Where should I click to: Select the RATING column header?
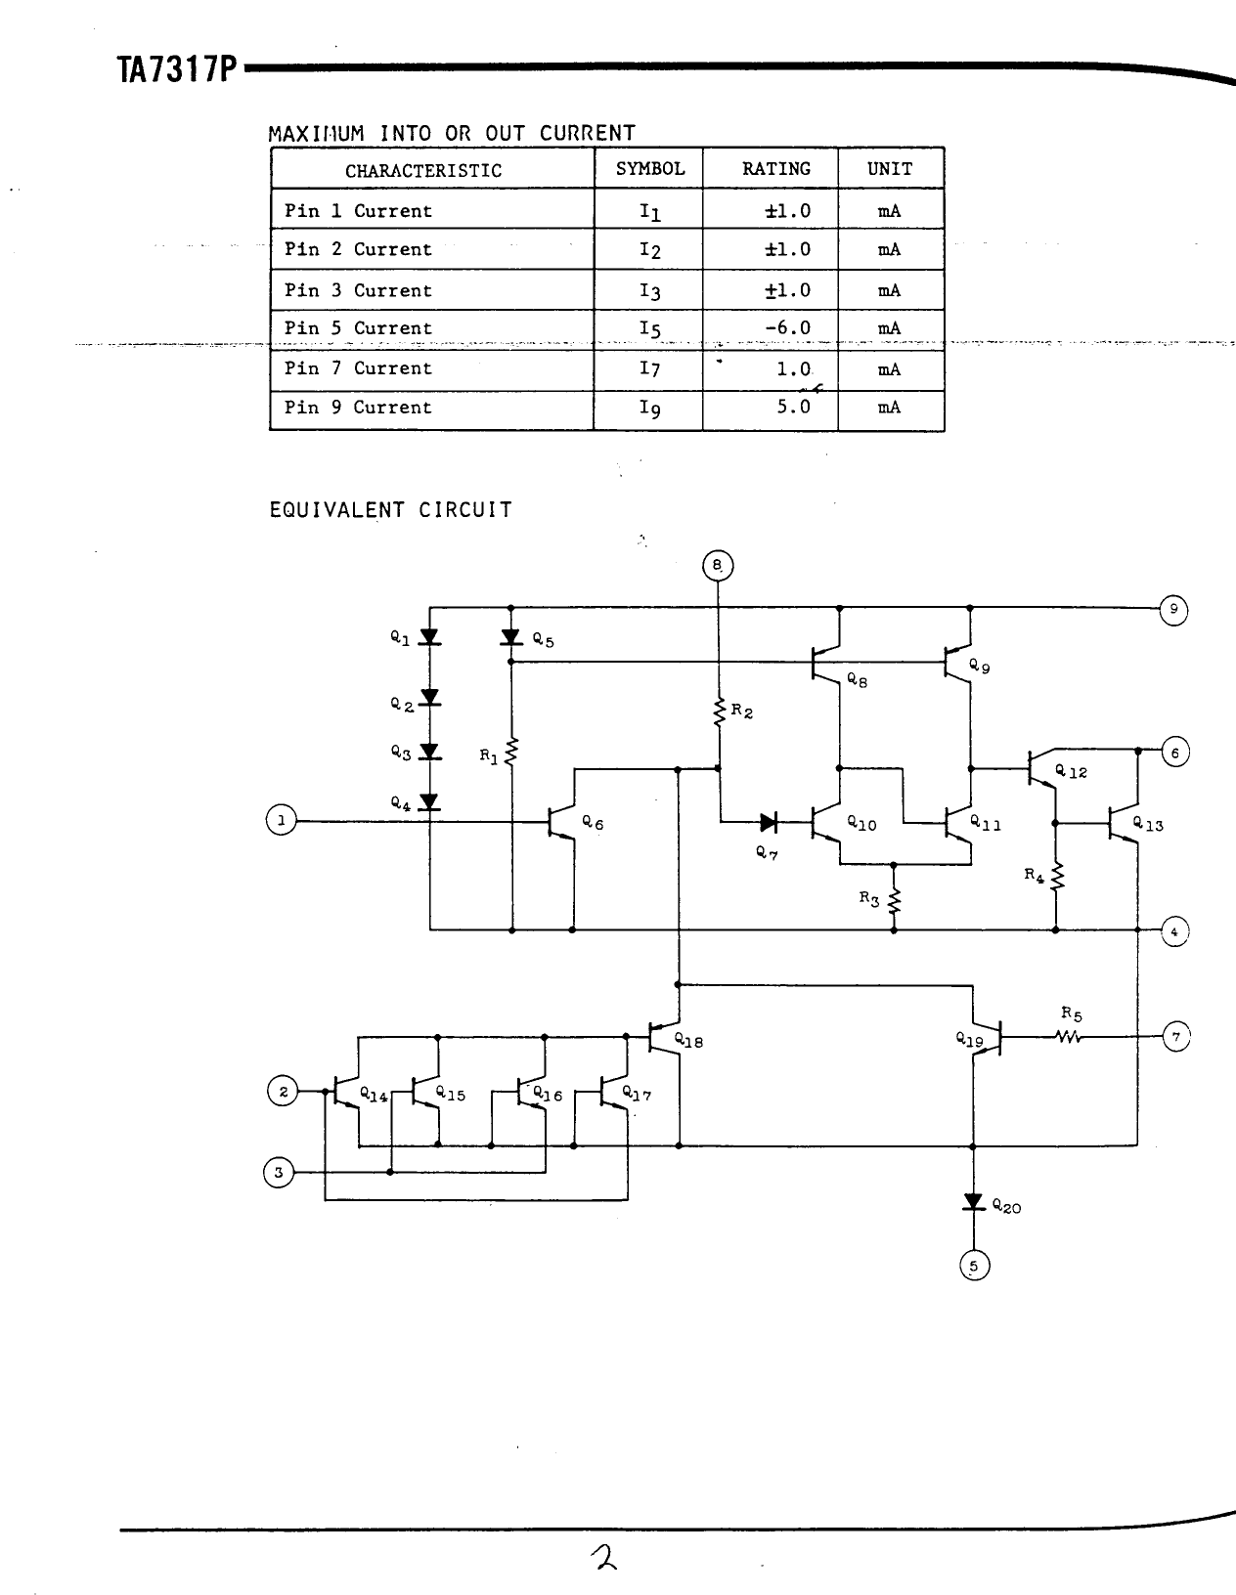coord(776,169)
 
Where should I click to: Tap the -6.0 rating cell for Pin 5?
coord(787,328)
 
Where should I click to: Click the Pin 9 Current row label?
coord(358,408)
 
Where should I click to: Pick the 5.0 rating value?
coord(793,407)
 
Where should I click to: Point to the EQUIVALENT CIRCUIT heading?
coord(390,510)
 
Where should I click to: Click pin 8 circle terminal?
coord(718,566)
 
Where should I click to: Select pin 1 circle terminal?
coord(281,820)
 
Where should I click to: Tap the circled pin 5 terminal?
coord(974,1267)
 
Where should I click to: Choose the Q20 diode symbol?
coord(973,1201)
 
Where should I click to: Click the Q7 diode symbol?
coord(769,822)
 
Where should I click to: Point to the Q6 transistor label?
coord(593,824)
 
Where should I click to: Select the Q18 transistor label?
coord(688,1042)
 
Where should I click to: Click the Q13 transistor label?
coord(1148,825)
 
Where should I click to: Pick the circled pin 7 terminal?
coord(1175,1036)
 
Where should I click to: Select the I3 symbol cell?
coord(650,291)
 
